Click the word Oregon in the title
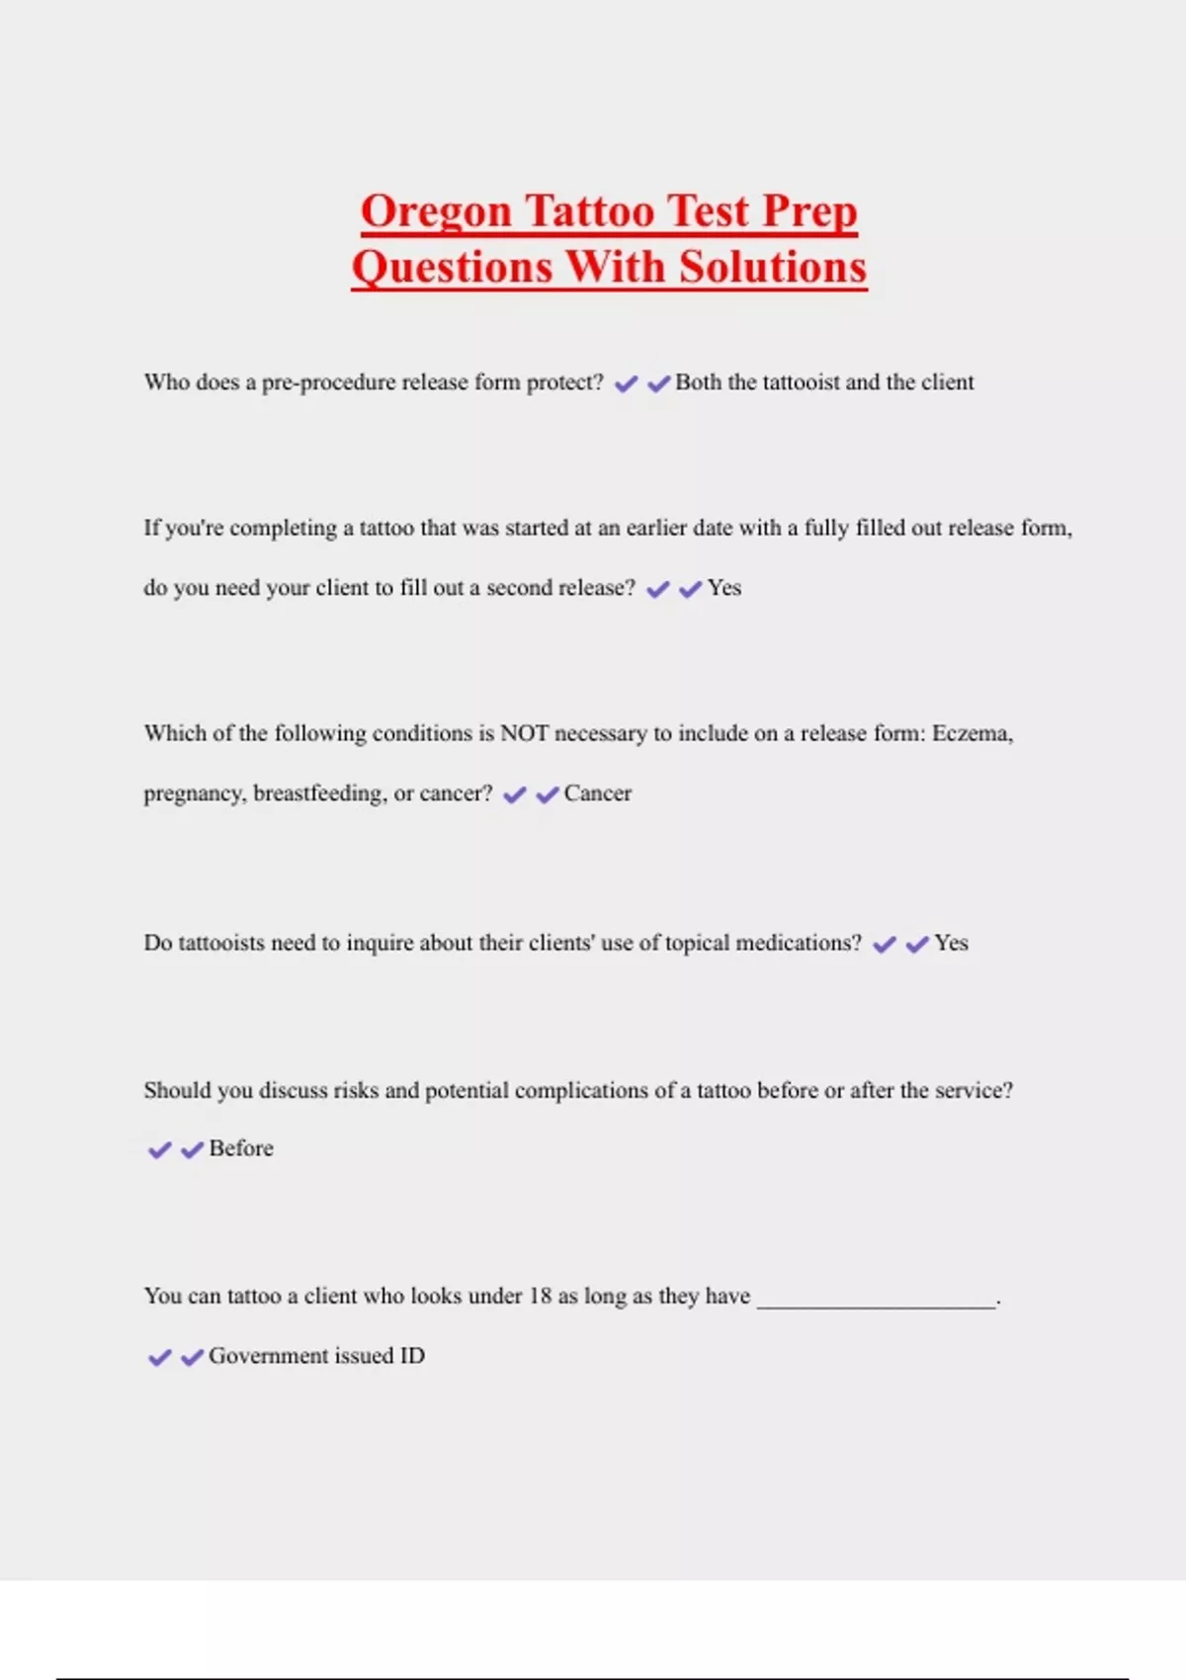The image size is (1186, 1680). (x=436, y=212)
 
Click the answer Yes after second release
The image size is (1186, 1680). (x=724, y=588)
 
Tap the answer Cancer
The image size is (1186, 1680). (x=598, y=794)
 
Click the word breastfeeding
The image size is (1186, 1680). (x=319, y=794)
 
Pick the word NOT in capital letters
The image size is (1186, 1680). (x=524, y=733)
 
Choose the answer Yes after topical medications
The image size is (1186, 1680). (x=951, y=943)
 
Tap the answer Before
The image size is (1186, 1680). (x=241, y=1148)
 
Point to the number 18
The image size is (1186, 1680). (x=540, y=1296)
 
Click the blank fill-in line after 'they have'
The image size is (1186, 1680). (x=877, y=1302)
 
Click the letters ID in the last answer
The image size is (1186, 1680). (x=412, y=1356)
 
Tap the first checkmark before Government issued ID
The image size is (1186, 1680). (x=159, y=1358)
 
